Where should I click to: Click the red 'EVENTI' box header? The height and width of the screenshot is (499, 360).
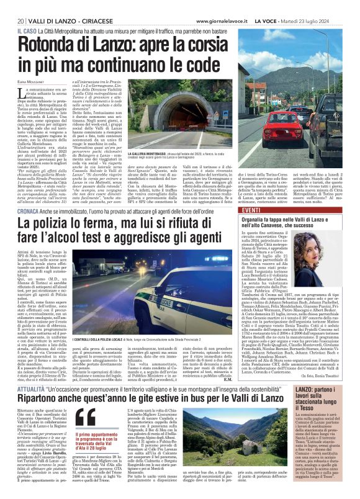250,212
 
